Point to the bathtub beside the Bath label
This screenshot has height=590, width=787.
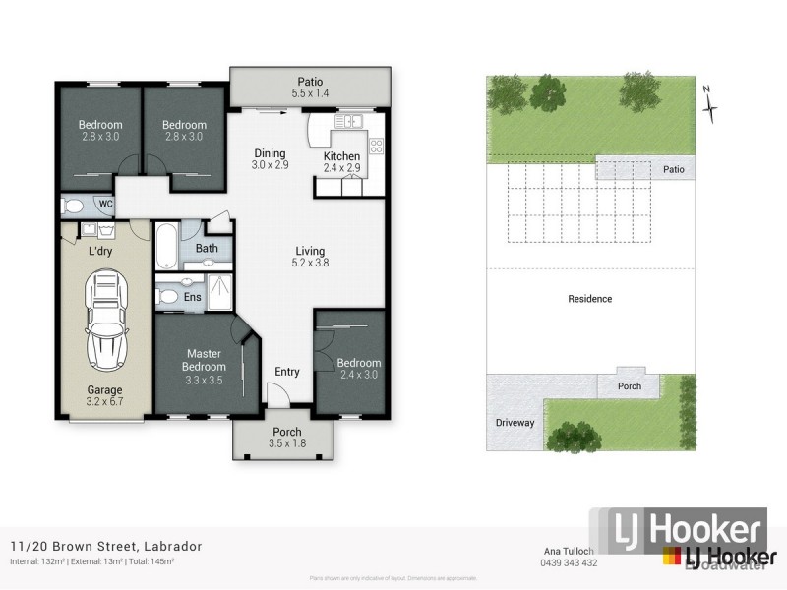coord(166,247)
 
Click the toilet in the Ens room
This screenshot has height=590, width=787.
coord(167,295)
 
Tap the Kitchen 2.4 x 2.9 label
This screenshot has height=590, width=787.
coord(341,162)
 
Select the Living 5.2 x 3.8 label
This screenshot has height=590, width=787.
coord(308,257)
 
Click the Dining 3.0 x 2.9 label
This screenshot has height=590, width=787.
coord(270,159)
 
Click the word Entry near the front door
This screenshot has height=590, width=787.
coord(287,371)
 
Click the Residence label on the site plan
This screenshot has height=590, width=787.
coord(590,299)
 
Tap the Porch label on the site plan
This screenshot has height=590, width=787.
coord(630,386)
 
